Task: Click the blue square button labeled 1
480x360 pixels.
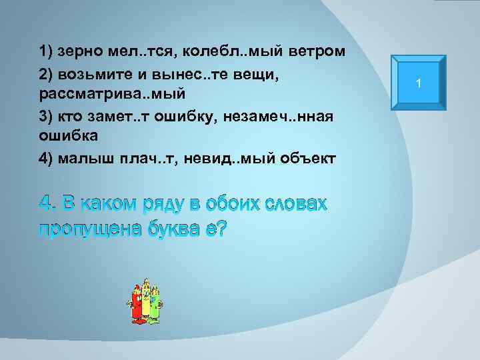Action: [x=417, y=83]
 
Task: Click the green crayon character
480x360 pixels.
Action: [x=155, y=303]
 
